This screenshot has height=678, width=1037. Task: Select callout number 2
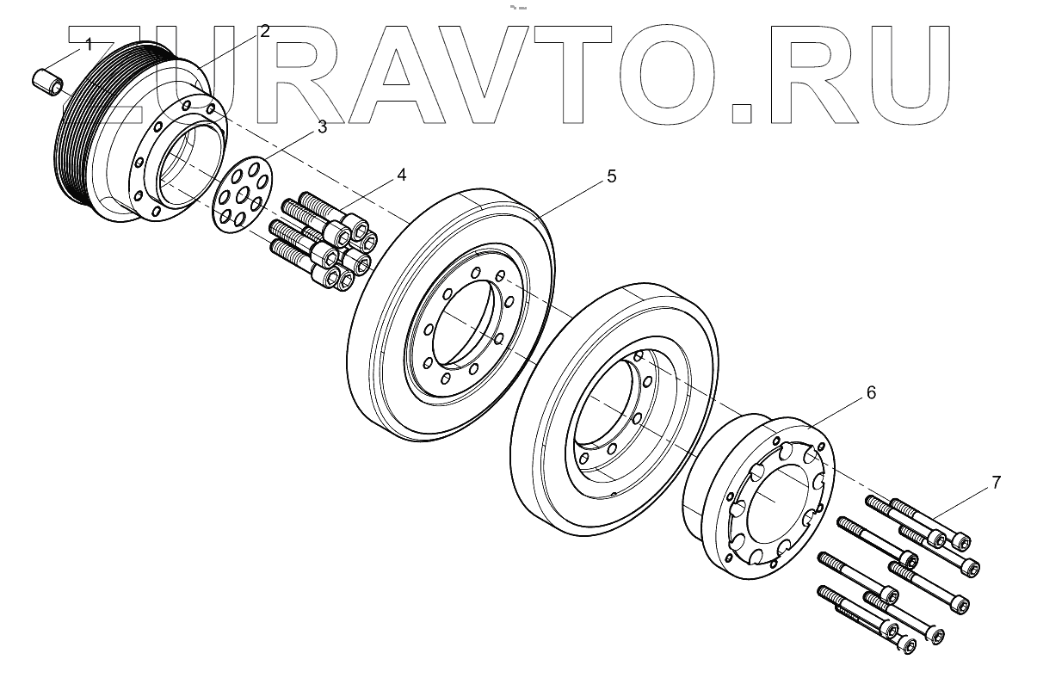tap(264, 32)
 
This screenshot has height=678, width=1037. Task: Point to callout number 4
tap(401, 176)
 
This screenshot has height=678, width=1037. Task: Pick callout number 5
tap(611, 176)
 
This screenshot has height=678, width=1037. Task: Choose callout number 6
tap(871, 392)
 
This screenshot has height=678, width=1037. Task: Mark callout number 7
tap(996, 482)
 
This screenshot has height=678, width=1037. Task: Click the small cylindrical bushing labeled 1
tap(46, 82)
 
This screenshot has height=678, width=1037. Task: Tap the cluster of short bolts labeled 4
tap(323, 237)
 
